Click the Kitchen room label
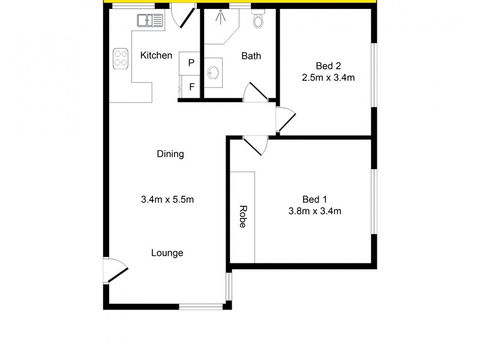(156, 56)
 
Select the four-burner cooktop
(121, 57)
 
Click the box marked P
(190, 62)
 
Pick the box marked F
(191, 86)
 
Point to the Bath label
(251, 56)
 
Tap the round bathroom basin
(213, 74)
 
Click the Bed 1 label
(314, 199)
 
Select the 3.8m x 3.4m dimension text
(314, 211)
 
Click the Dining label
(170, 154)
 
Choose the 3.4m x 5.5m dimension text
(167, 200)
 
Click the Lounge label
(167, 253)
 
